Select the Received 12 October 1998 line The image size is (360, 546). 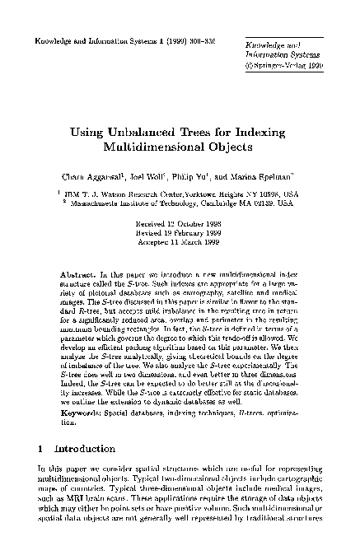pos(180,223)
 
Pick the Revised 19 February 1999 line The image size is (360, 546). pos(180,231)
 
